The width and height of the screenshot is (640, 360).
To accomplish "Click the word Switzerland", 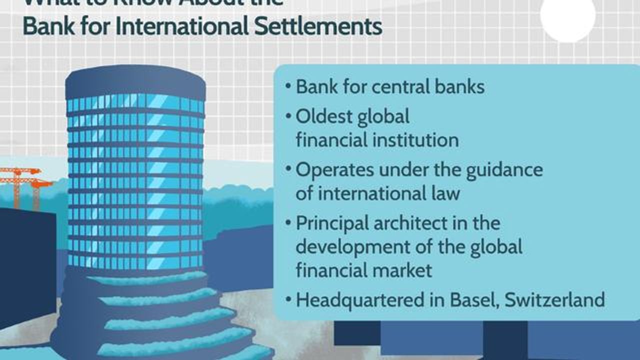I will (x=554, y=300).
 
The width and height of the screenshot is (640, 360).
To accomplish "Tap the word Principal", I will (x=334, y=223).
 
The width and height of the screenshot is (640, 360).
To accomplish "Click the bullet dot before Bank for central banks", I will (x=288, y=86).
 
